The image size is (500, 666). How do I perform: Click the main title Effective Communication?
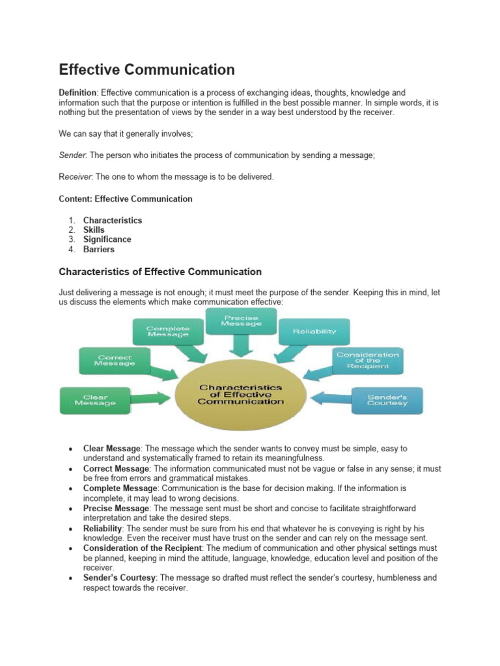[x=146, y=69]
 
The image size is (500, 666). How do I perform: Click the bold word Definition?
[x=77, y=93]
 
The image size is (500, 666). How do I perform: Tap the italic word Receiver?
[x=76, y=176]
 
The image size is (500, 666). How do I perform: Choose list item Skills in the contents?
[x=94, y=230]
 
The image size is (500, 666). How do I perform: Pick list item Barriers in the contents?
[x=98, y=249]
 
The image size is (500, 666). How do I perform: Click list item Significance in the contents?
[x=107, y=239]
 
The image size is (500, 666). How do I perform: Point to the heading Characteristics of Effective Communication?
[x=160, y=272]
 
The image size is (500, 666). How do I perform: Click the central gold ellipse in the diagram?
[x=240, y=395]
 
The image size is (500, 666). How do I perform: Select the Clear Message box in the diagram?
[x=95, y=399]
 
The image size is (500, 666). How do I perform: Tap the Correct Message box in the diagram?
[x=115, y=361]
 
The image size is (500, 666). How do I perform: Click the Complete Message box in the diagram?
[x=167, y=332]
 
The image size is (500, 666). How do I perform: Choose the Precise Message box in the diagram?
[x=240, y=320]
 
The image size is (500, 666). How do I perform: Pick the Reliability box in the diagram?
[x=314, y=332]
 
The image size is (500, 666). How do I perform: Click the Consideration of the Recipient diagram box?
[x=368, y=360]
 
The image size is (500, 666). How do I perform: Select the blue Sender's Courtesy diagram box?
[x=387, y=399]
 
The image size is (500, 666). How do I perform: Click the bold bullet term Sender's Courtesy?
[x=120, y=578]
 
